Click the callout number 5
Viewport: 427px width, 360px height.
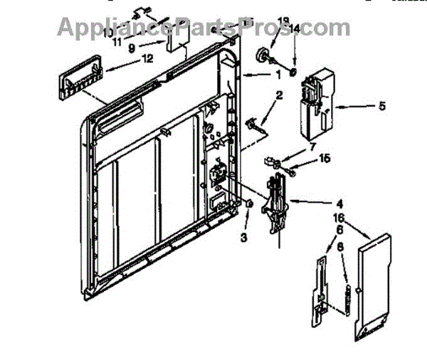click(x=382, y=107)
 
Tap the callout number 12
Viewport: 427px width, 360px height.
click(x=147, y=59)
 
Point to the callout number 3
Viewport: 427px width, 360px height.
click(x=244, y=237)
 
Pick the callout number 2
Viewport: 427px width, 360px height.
click(x=280, y=95)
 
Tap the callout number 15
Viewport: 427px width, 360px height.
click(x=325, y=159)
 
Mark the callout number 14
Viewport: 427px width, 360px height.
click(x=295, y=29)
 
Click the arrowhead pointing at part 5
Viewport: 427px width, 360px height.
click(x=337, y=107)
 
